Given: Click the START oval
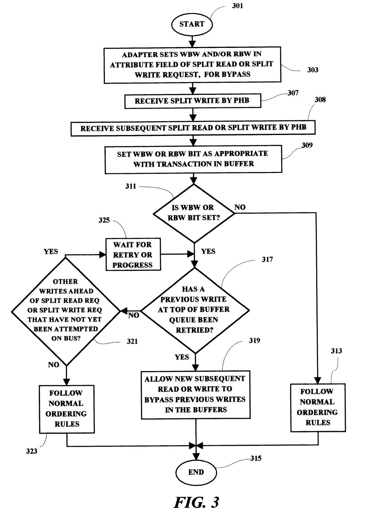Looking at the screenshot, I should tap(192, 24).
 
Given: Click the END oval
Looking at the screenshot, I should tap(196, 472).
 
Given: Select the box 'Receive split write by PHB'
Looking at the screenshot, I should tap(192, 101).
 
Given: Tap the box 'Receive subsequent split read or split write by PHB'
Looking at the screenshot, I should tap(193, 128).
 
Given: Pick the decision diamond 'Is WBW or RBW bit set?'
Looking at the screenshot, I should tap(194, 213).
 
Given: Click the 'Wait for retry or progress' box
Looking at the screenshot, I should tap(133, 254).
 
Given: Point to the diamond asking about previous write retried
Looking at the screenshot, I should tap(195, 310).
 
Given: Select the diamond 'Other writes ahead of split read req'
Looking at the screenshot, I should tap(66, 310).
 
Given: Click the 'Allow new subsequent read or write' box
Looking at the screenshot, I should tap(196, 394).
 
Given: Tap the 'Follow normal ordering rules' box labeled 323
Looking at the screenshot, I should tap(66, 409).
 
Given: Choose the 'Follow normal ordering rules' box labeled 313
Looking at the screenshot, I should tap(318, 407).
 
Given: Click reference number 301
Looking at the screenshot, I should tap(238, 6).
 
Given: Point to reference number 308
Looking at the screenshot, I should tap(320, 100).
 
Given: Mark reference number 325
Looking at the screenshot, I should tap(104, 220).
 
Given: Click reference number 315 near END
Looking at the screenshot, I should tap(256, 458).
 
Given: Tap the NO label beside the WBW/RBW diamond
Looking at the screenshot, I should tap(240, 207).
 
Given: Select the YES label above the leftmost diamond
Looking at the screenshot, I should tap(51, 252).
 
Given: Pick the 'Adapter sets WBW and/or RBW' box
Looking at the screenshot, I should tap(192, 65).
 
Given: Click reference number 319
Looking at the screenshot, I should tap(254, 341).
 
